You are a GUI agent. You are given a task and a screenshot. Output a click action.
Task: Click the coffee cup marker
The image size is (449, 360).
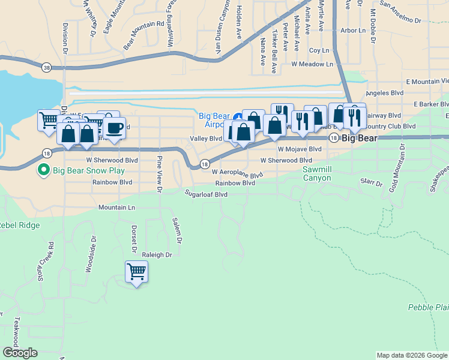tap(114, 128)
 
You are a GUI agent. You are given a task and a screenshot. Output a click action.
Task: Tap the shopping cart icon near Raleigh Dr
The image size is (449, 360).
tap(137, 272)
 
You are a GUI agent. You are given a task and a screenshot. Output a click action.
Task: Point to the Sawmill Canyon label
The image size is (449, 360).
tap(316, 174)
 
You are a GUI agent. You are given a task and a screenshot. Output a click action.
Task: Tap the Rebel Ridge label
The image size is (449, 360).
tap(19, 226)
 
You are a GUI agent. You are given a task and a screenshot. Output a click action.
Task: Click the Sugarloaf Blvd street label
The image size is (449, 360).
tap(206, 194)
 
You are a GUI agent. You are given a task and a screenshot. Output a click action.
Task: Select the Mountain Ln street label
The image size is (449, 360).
tap(117, 207)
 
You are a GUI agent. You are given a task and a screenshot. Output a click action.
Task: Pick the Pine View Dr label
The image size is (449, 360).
tap(160, 175)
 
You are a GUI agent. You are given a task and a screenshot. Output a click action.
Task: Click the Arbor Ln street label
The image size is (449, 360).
tap(352, 30)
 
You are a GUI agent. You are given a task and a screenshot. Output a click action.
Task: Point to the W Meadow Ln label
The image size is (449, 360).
tap(311, 64)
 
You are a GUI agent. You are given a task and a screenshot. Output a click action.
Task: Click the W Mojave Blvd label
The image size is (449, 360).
tap(300, 149)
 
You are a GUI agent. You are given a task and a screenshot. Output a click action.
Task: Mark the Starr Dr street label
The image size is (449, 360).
tap(371, 182)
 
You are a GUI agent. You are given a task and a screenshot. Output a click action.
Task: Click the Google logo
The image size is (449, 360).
tap(20, 353)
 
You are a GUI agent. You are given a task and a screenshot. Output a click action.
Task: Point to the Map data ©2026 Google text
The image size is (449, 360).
tap(412, 355)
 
